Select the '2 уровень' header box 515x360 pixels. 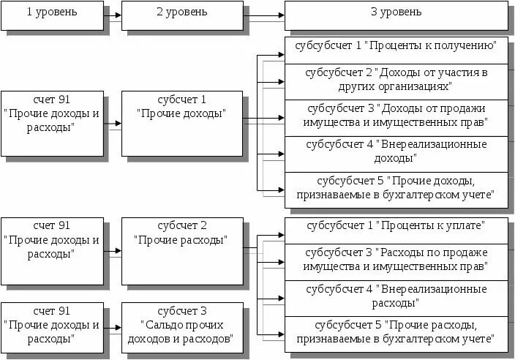pos(181,14)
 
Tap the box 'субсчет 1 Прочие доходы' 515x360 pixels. pos(181,122)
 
